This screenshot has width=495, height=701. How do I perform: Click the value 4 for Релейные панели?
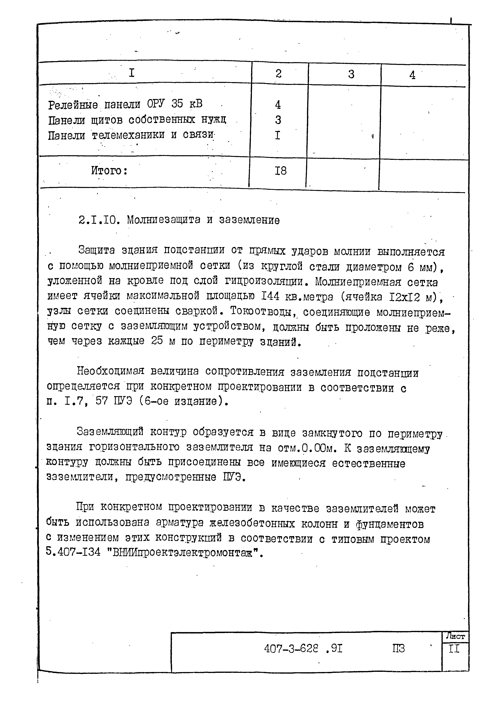point(278,105)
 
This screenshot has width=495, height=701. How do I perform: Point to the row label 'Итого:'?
point(109,170)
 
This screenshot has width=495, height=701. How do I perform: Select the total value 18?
point(280,171)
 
